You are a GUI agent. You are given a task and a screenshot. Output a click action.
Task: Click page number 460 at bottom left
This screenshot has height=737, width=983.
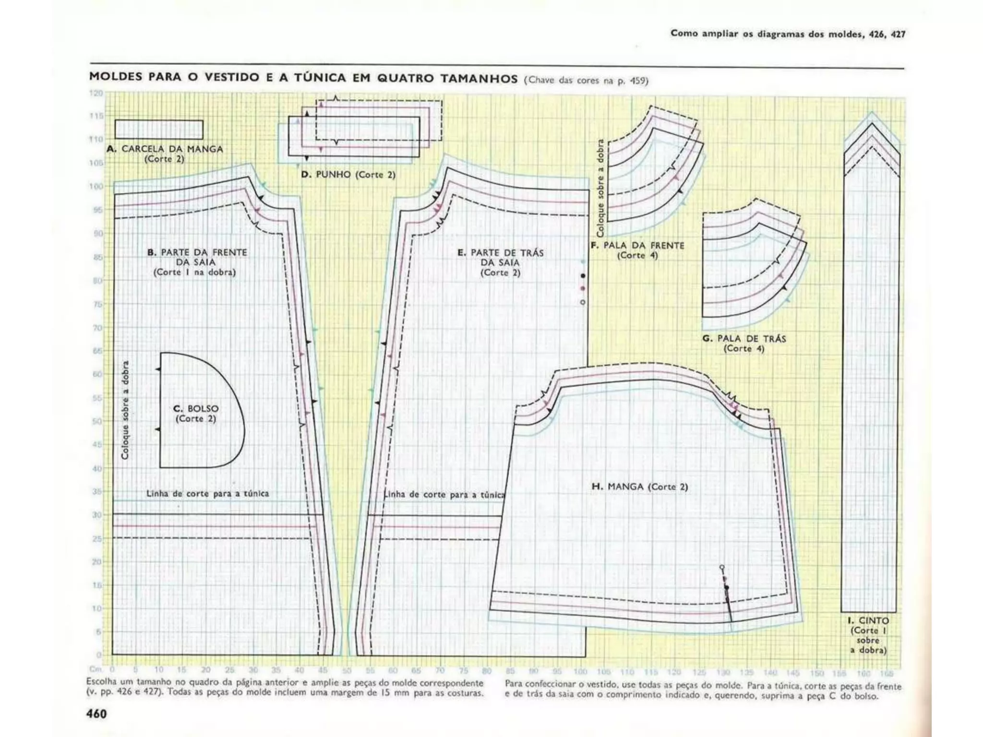[x=96, y=714]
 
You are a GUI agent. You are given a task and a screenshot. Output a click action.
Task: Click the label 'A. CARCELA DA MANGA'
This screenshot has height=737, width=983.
[x=165, y=149]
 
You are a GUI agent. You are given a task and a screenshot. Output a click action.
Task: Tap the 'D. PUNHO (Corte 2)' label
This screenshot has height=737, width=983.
[x=348, y=175]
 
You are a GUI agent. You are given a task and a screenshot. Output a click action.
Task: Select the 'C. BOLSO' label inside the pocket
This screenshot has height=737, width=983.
[x=196, y=409]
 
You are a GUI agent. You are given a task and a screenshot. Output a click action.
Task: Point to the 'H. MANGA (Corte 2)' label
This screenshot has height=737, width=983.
[x=639, y=487]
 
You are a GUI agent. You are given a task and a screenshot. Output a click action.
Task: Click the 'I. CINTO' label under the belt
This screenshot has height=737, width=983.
[x=868, y=621]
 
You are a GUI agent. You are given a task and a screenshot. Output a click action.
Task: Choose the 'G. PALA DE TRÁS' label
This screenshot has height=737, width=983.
[x=744, y=339]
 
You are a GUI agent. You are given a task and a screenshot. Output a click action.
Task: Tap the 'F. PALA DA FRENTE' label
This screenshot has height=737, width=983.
[x=637, y=246]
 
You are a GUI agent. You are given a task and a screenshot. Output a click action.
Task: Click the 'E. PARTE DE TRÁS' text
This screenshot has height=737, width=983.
[x=500, y=253]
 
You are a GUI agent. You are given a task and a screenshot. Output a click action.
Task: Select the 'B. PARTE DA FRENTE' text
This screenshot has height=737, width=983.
[x=197, y=252]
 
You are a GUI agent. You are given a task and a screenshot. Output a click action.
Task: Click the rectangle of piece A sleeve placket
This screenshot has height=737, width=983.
[x=159, y=130]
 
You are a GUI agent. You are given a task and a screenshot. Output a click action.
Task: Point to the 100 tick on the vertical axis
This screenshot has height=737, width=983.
[x=96, y=186]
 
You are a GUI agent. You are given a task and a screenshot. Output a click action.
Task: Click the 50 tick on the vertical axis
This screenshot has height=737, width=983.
[x=97, y=421]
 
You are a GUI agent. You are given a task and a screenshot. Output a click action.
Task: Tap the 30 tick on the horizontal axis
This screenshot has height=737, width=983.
[x=253, y=670]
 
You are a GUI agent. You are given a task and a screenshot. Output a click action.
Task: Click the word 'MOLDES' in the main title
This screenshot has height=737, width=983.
[x=114, y=77]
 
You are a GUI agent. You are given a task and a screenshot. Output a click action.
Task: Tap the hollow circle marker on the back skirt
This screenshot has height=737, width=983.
[x=583, y=302]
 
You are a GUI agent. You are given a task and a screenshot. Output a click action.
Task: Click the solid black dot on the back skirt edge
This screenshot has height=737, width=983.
[x=583, y=276]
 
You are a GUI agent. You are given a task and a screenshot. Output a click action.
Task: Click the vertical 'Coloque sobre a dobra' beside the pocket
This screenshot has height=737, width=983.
[x=125, y=410]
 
